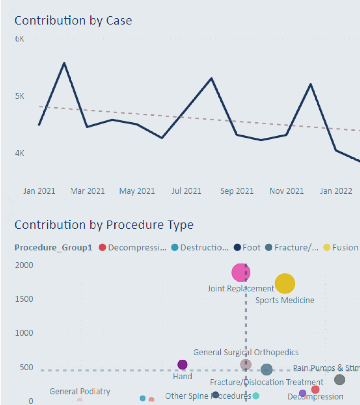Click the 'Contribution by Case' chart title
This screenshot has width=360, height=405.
pos(73,21)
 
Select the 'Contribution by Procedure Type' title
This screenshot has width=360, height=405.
pos(104,225)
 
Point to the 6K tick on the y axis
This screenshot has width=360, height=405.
pos(20,39)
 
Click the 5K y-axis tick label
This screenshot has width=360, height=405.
pos(20,96)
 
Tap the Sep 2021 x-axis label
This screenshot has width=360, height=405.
pos(237,191)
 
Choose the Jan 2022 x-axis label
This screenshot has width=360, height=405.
pos(336,191)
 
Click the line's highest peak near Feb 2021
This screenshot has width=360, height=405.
pos(64,63)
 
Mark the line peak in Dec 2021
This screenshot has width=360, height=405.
pos(311,84)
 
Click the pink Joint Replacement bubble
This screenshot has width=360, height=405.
pos(241,273)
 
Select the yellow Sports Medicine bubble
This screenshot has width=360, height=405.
pos(285,284)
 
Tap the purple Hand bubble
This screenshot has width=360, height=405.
pos(182,365)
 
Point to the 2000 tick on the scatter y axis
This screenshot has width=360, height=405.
pos(24,265)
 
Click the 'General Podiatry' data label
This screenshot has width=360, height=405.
pos(80,392)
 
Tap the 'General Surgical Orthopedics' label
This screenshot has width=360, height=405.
pos(246,352)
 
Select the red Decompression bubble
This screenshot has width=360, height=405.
pos(315,390)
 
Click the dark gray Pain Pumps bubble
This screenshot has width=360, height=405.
pos(339,380)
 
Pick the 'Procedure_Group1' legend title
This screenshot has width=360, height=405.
pos(53,248)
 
